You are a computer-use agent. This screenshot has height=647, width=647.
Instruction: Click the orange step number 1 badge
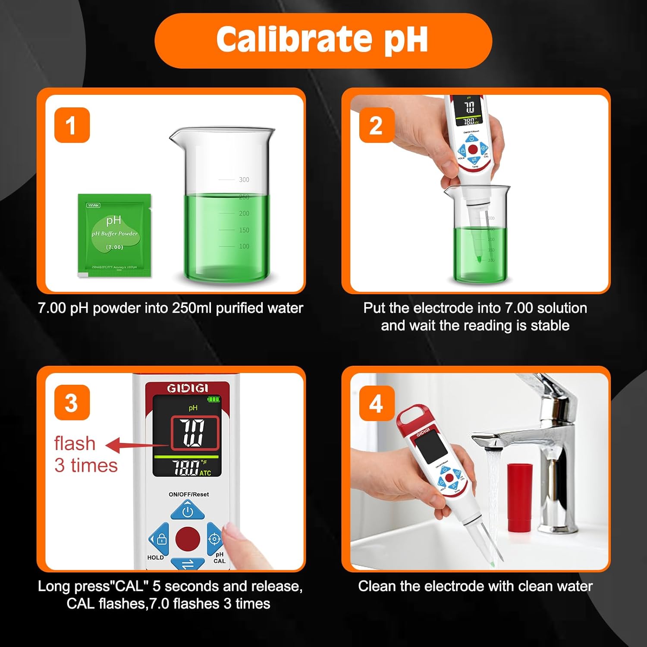[x=72, y=125]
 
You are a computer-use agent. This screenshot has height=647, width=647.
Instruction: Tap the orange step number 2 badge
[x=376, y=125]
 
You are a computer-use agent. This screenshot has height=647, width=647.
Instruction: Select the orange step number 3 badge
[x=72, y=403]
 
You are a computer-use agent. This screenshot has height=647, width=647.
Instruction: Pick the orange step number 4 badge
[x=376, y=404]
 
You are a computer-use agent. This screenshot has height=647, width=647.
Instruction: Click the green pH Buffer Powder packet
[x=114, y=235]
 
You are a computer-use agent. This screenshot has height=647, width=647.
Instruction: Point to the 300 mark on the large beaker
[x=244, y=179]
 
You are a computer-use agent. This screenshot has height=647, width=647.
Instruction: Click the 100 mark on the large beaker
[x=244, y=246]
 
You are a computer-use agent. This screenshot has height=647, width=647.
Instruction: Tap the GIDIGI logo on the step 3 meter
[x=187, y=388]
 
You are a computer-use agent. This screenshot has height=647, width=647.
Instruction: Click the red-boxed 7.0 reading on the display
[x=195, y=433]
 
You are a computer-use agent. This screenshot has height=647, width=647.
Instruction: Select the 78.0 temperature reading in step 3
[x=186, y=468]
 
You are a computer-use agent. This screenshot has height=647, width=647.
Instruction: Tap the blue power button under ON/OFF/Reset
[x=188, y=511]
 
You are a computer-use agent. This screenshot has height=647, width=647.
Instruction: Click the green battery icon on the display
[x=214, y=399]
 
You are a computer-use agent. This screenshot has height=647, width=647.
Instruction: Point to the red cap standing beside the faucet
[x=519, y=497]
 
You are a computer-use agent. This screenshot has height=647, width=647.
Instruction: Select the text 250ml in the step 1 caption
[x=192, y=308]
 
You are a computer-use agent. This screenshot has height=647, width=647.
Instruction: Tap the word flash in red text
[x=75, y=443]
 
